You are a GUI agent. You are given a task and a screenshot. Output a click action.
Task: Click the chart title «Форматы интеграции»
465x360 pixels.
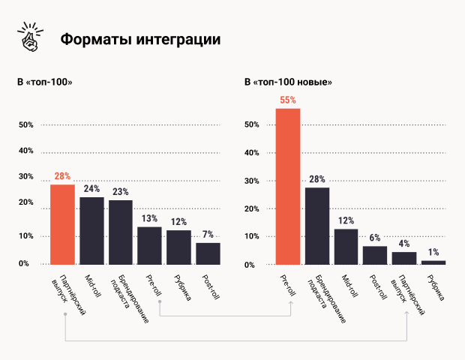point(140,39)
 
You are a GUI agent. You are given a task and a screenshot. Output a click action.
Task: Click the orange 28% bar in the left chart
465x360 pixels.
point(62,224)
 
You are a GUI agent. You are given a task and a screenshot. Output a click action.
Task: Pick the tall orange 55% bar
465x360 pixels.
point(288,187)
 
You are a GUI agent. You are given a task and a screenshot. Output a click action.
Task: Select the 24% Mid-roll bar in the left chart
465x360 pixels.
point(91,230)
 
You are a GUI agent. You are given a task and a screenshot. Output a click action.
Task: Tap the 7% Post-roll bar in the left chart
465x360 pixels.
point(208,253)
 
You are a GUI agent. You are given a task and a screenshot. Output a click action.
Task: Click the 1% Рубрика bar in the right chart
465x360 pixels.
point(433,262)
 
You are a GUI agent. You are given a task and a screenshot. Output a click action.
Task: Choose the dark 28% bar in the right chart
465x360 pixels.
point(317,226)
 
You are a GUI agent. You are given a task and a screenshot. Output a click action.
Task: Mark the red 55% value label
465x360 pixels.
point(288,100)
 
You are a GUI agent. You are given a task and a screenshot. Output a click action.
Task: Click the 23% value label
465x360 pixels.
point(120,192)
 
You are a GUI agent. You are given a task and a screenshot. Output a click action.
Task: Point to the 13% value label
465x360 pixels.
point(149,218)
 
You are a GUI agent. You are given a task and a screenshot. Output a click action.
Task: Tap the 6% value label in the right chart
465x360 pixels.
point(375,238)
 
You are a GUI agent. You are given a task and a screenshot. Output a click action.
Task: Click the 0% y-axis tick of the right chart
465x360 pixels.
point(253,265)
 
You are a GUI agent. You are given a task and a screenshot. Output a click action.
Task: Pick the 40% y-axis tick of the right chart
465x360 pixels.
point(251,152)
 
